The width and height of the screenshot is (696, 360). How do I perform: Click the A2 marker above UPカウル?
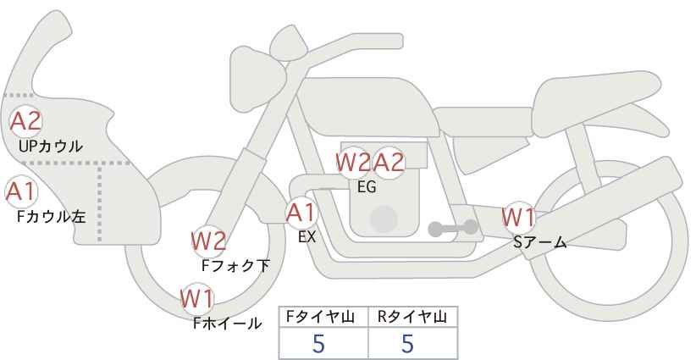(x=25, y=121)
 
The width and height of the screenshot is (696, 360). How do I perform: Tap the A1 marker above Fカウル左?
(x=19, y=191)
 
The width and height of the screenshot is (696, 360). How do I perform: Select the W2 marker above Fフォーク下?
(x=208, y=241)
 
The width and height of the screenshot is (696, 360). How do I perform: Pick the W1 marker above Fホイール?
(x=197, y=298)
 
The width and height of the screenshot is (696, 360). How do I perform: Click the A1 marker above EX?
(x=301, y=212)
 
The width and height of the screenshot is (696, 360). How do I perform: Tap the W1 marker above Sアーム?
(x=517, y=218)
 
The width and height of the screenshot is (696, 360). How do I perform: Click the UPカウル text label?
(x=50, y=147)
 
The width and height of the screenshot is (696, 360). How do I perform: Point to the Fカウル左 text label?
(x=52, y=216)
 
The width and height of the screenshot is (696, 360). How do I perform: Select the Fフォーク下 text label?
(x=235, y=265)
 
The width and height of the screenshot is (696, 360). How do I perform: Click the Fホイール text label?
(x=228, y=323)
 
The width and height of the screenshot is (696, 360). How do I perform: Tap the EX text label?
(x=307, y=237)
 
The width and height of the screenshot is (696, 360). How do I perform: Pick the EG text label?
(x=367, y=187)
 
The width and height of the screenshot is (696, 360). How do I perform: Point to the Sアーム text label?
(x=540, y=242)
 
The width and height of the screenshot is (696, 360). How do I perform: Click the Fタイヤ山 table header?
(x=323, y=317)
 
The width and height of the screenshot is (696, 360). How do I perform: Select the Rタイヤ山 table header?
(x=412, y=317)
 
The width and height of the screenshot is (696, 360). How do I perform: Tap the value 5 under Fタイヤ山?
(x=318, y=343)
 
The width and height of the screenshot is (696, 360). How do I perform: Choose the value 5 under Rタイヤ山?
(x=407, y=343)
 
